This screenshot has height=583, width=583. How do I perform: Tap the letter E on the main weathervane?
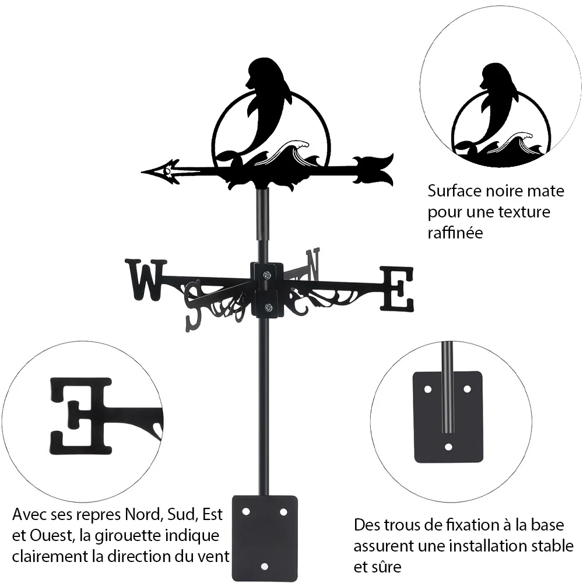pos(396,289)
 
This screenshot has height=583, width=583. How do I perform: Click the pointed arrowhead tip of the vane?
pos(142,172)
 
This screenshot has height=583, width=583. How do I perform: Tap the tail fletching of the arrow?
pos(373,170)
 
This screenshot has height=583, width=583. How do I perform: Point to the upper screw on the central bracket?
pos(267,275)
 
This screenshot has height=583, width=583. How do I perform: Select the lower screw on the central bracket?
pos(268,307)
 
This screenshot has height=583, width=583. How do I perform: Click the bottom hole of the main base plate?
pos(264,567)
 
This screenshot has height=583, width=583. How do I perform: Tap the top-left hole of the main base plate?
pos(245,512)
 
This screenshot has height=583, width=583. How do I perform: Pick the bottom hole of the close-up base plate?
pos(449,447)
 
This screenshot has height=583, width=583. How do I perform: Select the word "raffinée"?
pos(455,233)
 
